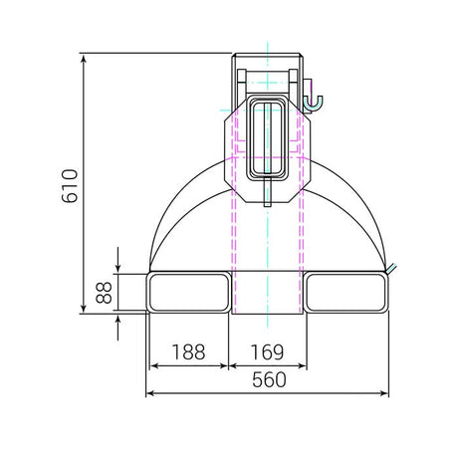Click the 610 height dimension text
(x=69, y=184)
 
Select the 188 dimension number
(x=188, y=351)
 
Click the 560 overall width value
(x=268, y=379)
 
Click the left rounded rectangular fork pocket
(x=188, y=292)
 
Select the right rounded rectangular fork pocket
(x=347, y=292)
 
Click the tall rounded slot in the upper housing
(x=269, y=138)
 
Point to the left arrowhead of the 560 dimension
(x=151, y=393)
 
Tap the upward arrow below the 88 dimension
(x=118, y=319)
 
